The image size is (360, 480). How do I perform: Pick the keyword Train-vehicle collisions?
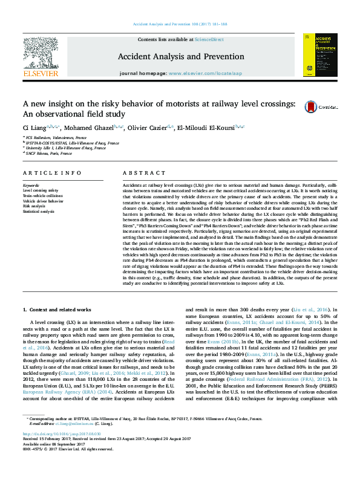(43, 196)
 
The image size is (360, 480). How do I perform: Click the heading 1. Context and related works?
(58, 309)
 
